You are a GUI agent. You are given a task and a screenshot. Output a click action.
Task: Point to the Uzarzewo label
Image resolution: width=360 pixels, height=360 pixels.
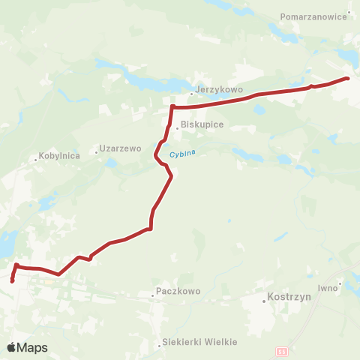121,149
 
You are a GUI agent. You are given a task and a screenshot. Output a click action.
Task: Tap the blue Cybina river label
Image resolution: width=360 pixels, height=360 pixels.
182,154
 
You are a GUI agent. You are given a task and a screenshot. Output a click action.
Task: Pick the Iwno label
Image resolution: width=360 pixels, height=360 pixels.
328,287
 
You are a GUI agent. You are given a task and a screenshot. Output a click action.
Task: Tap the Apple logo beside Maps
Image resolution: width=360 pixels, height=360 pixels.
12,347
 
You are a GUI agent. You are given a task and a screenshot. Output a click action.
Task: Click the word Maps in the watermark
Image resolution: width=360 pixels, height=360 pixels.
34,348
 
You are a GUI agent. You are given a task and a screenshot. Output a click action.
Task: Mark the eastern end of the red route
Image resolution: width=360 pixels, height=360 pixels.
347,78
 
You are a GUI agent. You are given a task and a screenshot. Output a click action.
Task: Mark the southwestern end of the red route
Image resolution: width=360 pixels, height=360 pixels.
13,281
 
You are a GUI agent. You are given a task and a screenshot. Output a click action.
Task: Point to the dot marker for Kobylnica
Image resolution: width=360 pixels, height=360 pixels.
35,158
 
